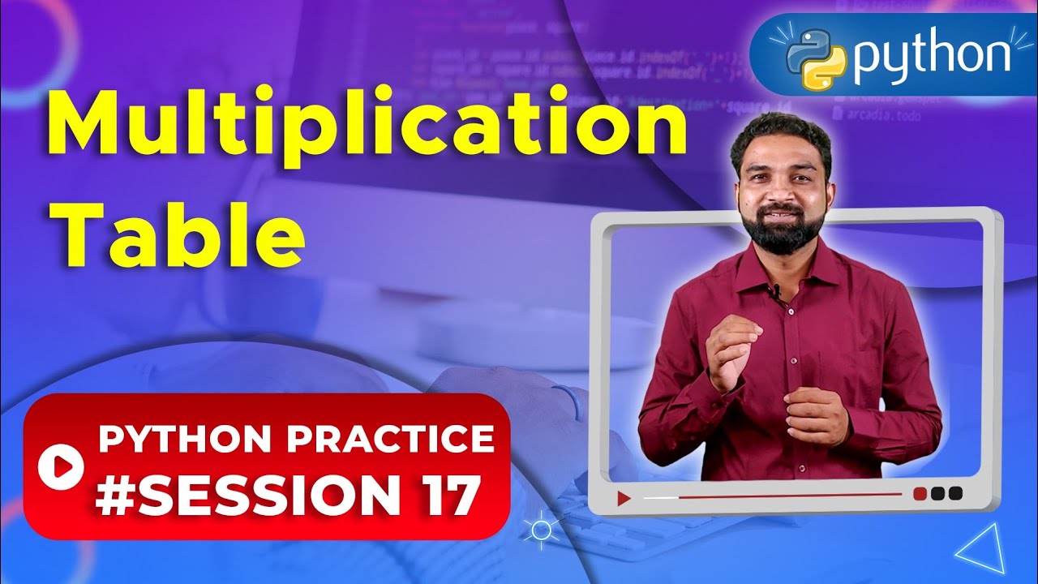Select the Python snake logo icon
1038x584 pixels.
click(816, 58)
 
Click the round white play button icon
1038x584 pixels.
click(61, 466)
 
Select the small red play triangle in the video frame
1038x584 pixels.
click(624, 498)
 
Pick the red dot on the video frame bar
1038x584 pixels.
click(920, 493)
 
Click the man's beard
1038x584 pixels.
click(782, 231)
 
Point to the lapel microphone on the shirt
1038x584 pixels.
click(776, 290)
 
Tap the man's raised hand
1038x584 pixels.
click(734, 345)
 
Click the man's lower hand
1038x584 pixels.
click(815, 414)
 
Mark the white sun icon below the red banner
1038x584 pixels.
click(541, 531)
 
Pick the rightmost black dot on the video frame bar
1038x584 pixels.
click(955, 493)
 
